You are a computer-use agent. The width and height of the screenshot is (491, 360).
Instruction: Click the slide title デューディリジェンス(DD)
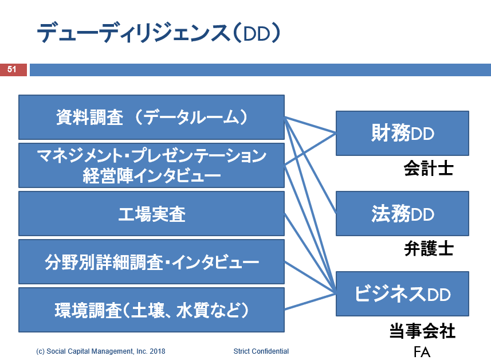point(159,33)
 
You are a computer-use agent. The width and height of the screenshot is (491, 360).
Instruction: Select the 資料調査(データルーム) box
point(152,117)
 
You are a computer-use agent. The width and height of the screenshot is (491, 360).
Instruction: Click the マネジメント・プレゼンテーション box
point(152,166)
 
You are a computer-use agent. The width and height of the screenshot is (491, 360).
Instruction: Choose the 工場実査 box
point(152,214)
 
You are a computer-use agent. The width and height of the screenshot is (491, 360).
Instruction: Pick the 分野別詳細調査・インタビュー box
point(152,261)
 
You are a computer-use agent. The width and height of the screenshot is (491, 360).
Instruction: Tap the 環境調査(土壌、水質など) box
point(152,310)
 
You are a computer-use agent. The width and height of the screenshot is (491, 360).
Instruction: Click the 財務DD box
point(402,133)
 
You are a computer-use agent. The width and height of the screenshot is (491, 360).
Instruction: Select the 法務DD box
point(402,213)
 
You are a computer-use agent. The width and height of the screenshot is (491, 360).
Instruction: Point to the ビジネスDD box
point(402,294)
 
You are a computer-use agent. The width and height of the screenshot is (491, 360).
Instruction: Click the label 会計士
point(429,169)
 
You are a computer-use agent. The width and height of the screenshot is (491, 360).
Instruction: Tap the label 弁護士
point(429,248)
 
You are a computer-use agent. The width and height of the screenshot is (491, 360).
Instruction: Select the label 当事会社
point(422,331)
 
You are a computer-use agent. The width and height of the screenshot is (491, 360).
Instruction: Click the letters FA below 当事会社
point(422,352)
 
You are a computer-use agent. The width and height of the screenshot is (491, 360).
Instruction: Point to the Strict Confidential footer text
point(261,351)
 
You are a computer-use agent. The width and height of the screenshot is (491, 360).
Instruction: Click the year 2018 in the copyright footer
point(158,351)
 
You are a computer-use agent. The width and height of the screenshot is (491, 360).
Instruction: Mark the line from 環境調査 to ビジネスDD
point(310,302)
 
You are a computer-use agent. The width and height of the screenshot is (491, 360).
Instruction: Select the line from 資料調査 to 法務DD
point(310,166)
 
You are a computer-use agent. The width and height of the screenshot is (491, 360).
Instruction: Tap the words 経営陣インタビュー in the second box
point(152,176)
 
